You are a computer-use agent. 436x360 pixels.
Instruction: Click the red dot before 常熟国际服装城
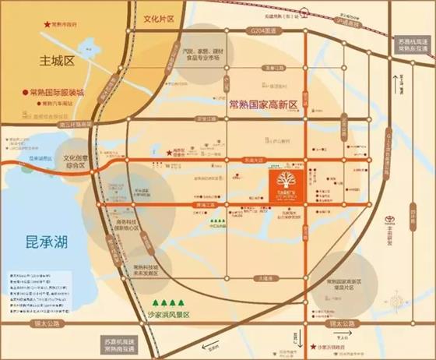pyautogui.click(x=26, y=90)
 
